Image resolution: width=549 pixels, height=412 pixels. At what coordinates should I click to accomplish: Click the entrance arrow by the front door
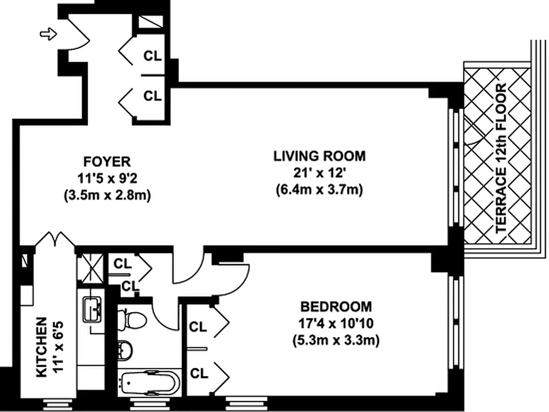[x=48, y=34]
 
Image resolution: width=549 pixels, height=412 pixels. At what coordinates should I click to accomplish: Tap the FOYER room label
[x=107, y=162]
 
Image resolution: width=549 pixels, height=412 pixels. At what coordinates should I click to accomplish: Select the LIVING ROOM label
[x=319, y=156]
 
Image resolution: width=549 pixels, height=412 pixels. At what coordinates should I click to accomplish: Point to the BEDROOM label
[x=336, y=307]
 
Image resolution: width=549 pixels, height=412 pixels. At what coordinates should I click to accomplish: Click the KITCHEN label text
[x=42, y=347]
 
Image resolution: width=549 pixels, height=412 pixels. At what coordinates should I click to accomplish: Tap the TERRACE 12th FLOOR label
[x=502, y=158]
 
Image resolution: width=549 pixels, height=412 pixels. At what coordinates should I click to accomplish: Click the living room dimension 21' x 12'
[x=319, y=173]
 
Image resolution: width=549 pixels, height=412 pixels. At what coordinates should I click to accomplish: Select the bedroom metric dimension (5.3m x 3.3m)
[x=336, y=340]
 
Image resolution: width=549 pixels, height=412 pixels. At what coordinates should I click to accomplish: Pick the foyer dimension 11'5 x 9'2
[x=107, y=179]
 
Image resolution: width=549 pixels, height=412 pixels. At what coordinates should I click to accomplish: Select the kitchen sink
[x=92, y=309]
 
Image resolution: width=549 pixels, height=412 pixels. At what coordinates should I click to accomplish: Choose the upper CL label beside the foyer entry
[x=153, y=56]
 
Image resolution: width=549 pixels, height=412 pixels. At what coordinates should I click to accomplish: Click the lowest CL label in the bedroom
[x=199, y=373]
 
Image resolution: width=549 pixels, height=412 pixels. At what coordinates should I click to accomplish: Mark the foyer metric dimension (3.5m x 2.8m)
[x=107, y=196]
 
